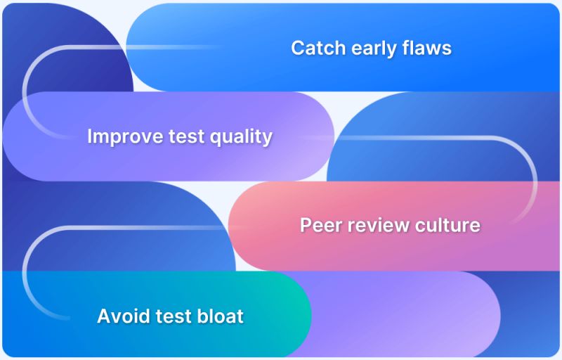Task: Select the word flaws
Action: coord(426,48)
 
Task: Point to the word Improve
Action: coord(122,136)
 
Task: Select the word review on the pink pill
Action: coord(372,225)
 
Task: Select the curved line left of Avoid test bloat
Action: coord(25,271)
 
